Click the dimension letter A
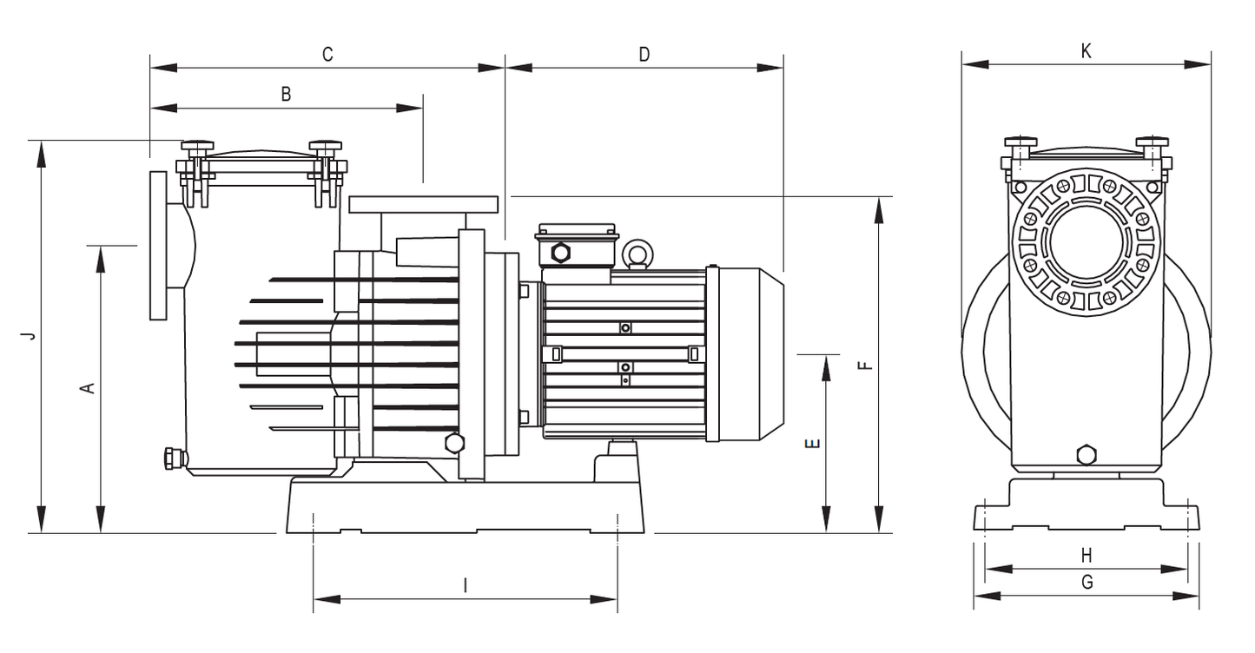point(89,387)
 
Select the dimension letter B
point(286,94)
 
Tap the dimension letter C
point(327,55)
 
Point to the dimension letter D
point(644,55)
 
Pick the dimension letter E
point(812,444)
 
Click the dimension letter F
point(866,366)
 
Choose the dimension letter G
point(1087,583)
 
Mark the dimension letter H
point(1087,556)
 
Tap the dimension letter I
point(465,586)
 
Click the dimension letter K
point(1086,51)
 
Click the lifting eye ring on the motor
point(638,254)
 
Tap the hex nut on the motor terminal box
point(560,253)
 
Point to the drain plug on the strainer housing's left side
point(174,459)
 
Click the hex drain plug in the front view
point(1087,455)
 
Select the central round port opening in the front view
point(1086,242)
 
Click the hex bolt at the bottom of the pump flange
point(454,444)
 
